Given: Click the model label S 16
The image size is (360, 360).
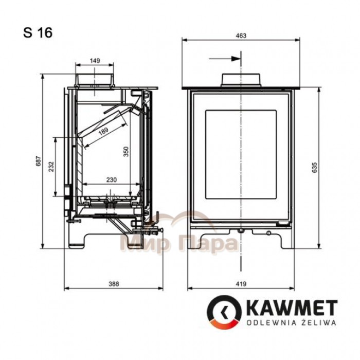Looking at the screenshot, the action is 38,32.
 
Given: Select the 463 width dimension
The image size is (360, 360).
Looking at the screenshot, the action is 241,35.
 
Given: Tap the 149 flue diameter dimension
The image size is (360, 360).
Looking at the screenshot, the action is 95,61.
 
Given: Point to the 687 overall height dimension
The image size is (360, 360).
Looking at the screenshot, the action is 39,161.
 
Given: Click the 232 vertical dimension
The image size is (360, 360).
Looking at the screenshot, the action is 51,167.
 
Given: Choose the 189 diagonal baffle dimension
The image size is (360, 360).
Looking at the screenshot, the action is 103,131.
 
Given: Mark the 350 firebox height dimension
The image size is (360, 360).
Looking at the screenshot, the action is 126,152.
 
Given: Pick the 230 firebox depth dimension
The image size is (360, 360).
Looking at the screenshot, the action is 112,180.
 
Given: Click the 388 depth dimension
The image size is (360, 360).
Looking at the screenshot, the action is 114,284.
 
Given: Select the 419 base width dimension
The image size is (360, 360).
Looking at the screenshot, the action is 241,284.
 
